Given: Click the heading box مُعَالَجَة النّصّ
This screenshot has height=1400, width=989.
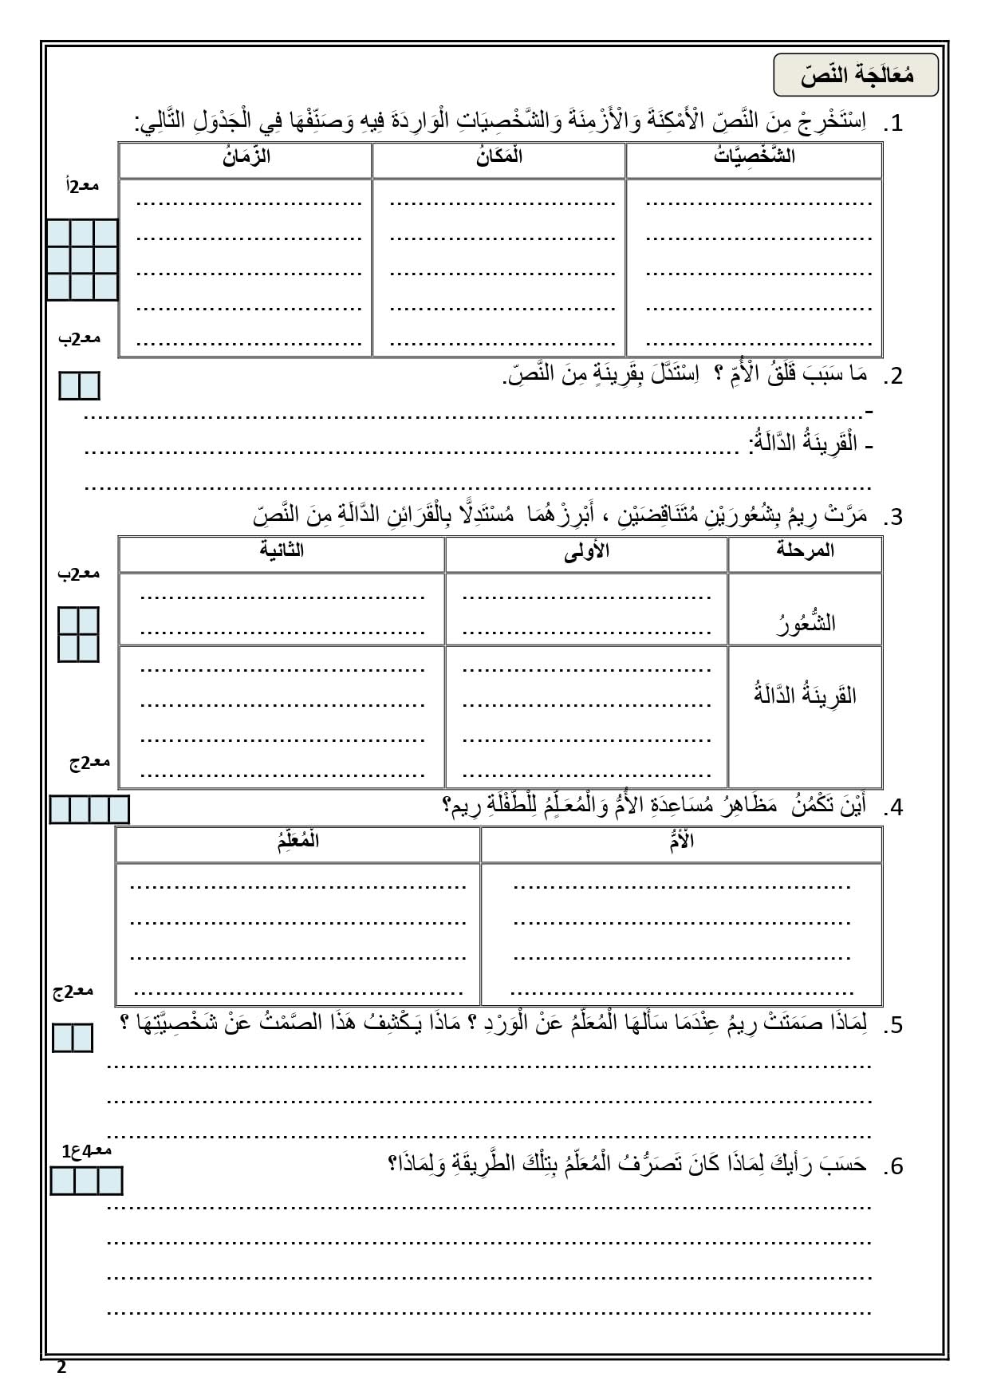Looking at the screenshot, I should tap(856, 76).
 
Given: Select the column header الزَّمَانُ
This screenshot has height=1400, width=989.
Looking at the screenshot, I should tap(246, 156).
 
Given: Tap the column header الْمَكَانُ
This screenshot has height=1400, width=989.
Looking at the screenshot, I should tap(499, 156).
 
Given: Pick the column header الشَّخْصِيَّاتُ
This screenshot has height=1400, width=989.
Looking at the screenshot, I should tap(754, 156).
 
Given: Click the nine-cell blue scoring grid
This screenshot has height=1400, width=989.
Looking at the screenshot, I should tap(82, 260).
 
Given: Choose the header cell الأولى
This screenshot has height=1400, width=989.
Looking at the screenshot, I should tap(586, 551).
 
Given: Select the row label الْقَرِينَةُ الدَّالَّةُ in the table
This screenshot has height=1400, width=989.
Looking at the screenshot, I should tap(805, 695).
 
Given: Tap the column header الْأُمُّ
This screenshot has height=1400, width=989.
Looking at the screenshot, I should tap(682, 842).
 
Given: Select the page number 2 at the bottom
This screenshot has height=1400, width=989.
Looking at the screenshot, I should tap(61, 1368).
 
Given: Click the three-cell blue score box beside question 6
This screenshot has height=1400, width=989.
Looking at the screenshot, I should tap(86, 1181).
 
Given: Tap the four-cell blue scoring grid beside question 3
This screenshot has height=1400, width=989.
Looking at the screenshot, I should tap(78, 634).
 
